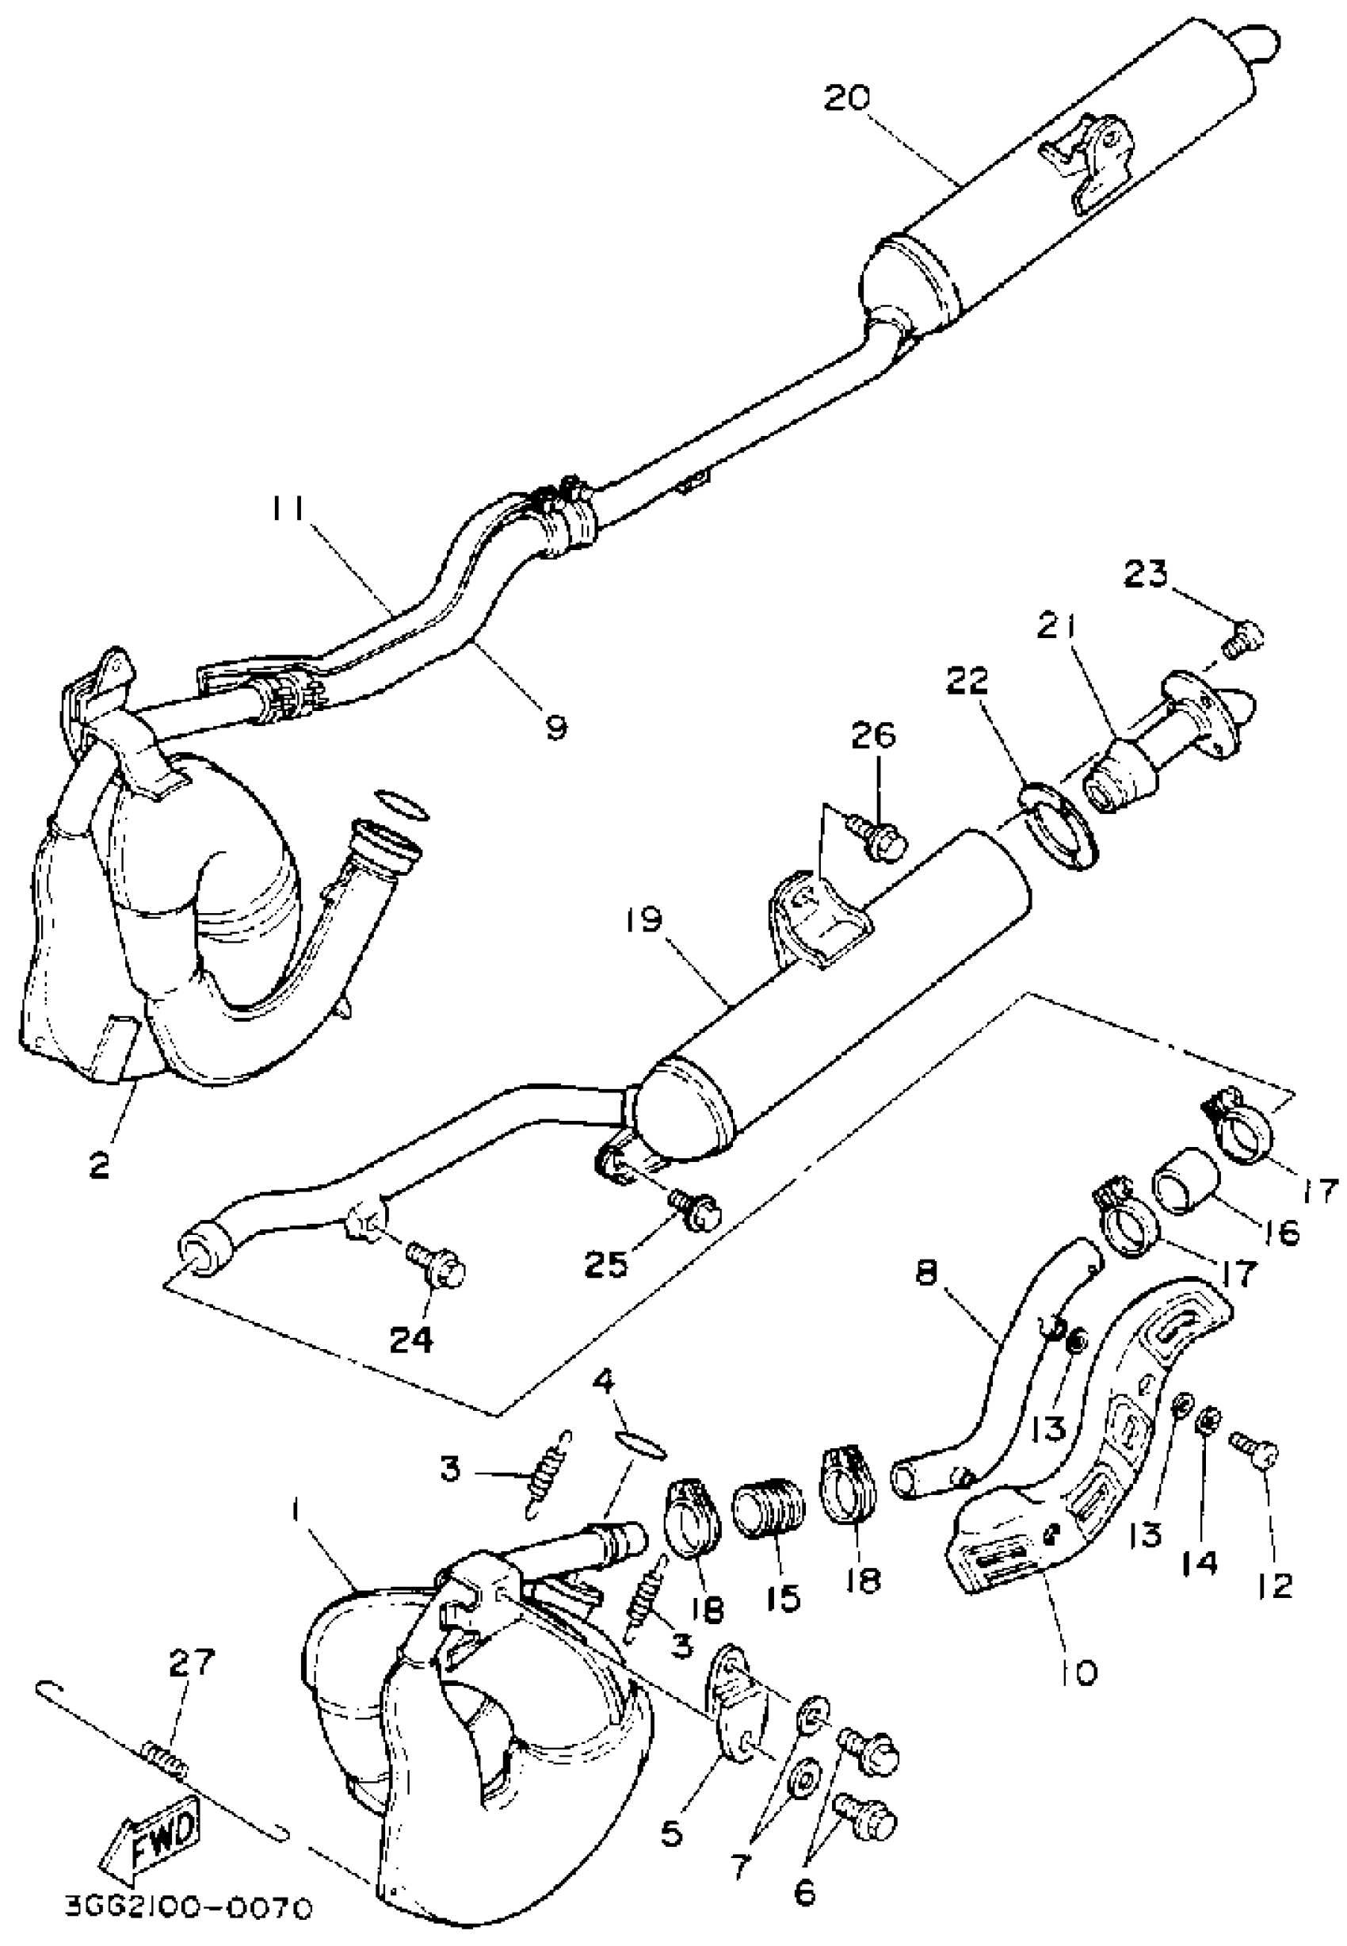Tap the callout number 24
point(413,1339)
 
